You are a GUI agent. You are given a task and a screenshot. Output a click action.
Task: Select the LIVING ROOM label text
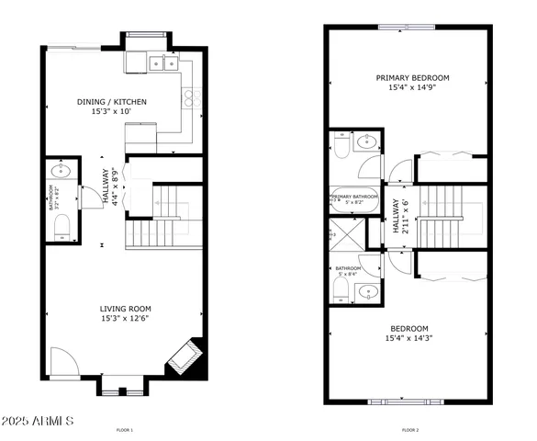126,309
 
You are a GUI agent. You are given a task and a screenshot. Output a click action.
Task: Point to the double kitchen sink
162,62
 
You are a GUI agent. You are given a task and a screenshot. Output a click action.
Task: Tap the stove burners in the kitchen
194,98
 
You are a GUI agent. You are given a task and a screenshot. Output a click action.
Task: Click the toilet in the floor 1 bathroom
61,233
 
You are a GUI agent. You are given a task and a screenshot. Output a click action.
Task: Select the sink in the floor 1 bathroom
62,170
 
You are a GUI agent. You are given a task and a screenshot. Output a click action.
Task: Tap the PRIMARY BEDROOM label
412,78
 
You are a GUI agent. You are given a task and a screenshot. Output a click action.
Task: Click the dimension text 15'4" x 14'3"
408,338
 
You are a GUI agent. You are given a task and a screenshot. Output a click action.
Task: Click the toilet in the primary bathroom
340,145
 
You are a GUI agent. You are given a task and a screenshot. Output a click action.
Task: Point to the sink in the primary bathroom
367,141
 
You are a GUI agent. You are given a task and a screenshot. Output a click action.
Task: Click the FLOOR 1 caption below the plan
125,430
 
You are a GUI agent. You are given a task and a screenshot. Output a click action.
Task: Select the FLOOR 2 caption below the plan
410,430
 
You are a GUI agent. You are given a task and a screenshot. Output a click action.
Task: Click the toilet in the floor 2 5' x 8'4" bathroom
340,291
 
